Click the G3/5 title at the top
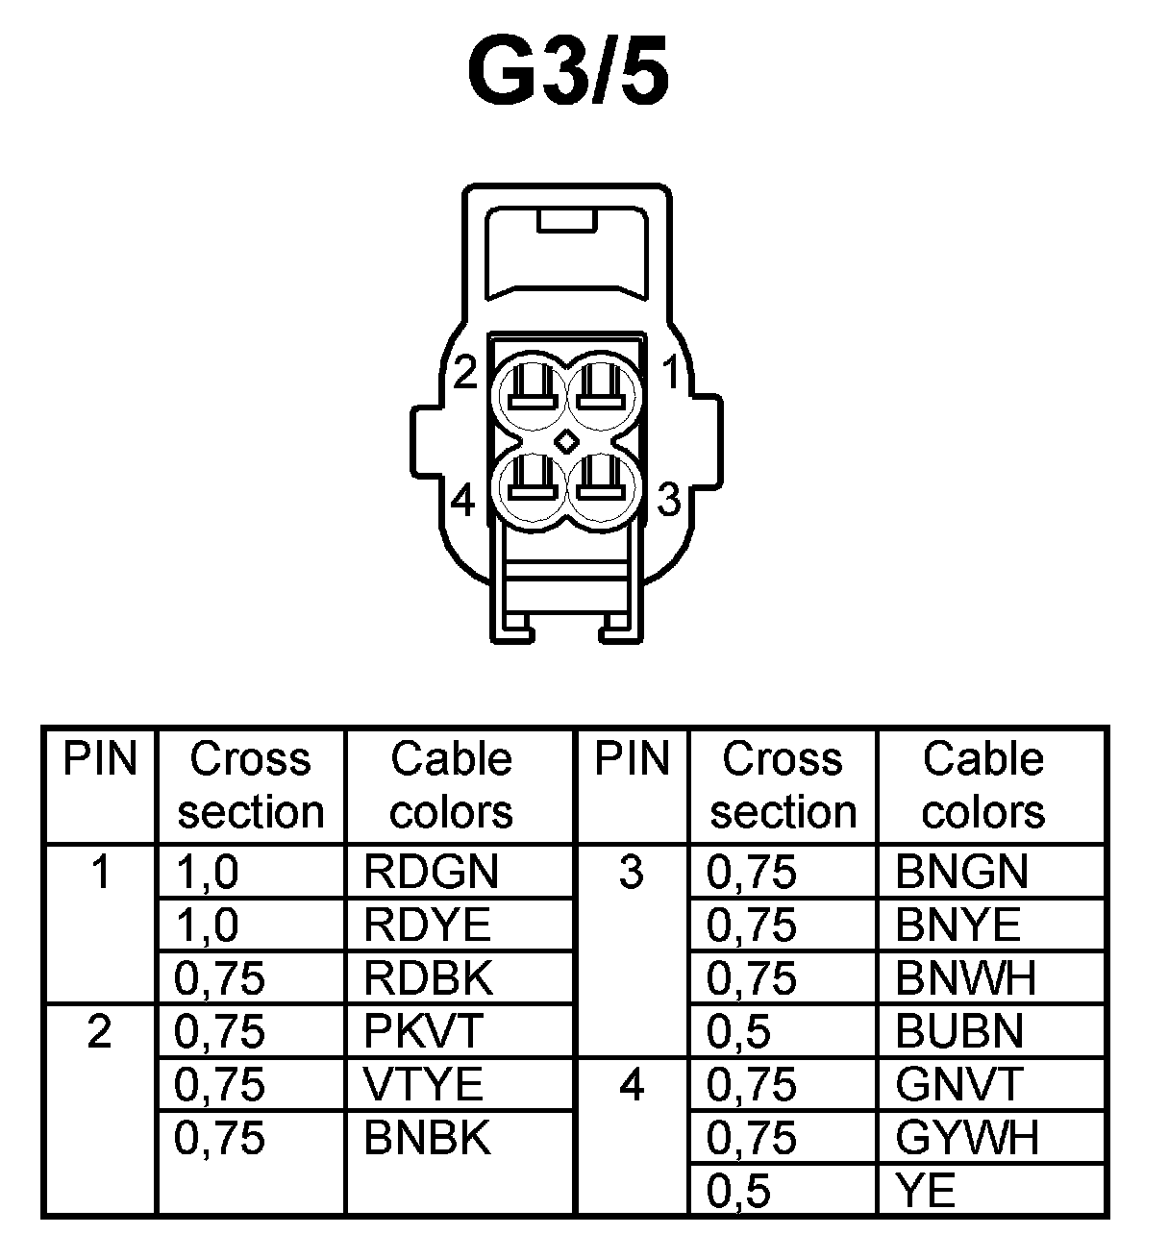tap(567, 72)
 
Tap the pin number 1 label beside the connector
tap(671, 373)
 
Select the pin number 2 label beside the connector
tap(465, 373)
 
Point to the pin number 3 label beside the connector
tap(669, 500)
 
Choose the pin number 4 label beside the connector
tap(463, 500)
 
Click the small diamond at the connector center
tap(567, 440)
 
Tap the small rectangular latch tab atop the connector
tap(568, 221)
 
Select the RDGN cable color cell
tap(432, 872)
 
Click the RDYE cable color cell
tap(428, 926)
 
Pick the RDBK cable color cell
tap(429, 978)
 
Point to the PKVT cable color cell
tap(423, 1031)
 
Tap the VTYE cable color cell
tap(424, 1085)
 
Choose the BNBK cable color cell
tap(428, 1138)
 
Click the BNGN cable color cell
tap(962, 872)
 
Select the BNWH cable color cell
tap(966, 978)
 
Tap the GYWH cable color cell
tap(967, 1138)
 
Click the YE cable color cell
tap(926, 1192)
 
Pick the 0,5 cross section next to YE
tap(739, 1192)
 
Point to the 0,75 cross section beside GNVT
tap(752, 1085)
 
